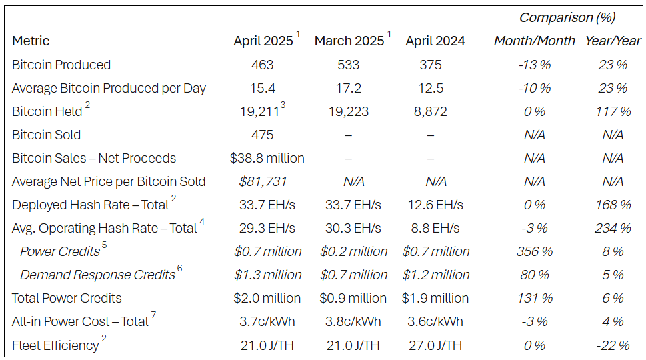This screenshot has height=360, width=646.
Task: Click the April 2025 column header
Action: tap(263, 41)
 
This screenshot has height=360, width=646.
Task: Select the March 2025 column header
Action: tap(349, 41)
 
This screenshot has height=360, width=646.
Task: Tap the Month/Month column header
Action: tap(534, 41)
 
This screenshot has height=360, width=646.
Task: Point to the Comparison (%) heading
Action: tap(567, 17)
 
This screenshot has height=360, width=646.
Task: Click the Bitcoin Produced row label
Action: tap(61, 65)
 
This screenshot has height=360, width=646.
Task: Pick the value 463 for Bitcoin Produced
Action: tap(263, 65)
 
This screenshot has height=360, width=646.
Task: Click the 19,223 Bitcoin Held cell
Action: tap(349, 111)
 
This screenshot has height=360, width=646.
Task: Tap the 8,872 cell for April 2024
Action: tap(430, 111)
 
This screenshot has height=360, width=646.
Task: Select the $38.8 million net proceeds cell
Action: tap(267, 158)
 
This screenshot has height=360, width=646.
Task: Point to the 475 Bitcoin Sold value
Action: tap(263, 135)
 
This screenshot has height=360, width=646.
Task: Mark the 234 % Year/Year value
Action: tap(612, 228)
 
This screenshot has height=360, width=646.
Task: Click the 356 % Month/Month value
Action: tap(533, 251)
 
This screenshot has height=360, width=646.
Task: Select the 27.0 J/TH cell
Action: tap(434, 345)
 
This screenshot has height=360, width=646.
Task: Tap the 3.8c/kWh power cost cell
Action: tap(349, 321)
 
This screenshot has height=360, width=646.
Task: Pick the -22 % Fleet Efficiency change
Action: tap(612, 345)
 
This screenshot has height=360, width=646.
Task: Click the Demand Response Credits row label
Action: tap(97, 275)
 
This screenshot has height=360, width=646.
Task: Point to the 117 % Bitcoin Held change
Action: tap(612, 111)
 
